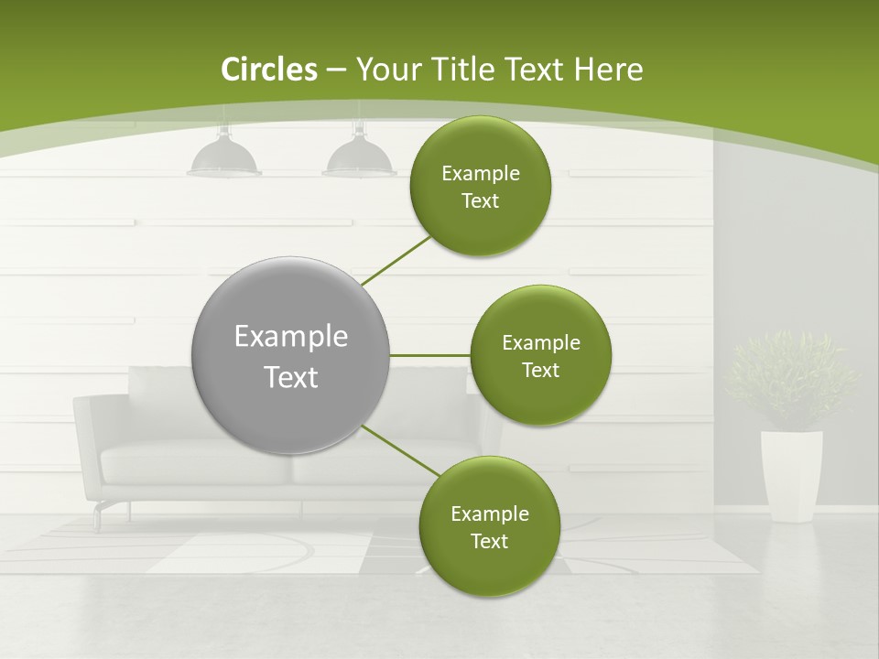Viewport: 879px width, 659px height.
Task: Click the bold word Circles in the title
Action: pyautogui.click(x=269, y=70)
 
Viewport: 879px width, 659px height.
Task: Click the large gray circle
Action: pyautogui.click(x=291, y=355)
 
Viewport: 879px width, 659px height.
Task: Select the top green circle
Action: pyautogui.click(x=480, y=187)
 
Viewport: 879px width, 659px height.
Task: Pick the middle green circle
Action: pyautogui.click(x=540, y=355)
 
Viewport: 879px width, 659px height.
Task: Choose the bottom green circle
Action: pyautogui.click(x=489, y=527)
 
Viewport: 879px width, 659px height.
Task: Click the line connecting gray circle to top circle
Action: pyautogui.click(x=396, y=260)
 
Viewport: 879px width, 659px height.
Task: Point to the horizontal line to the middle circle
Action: pyautogui.click(x=430, y=355)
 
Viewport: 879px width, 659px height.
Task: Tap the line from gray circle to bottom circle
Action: pyautogui.click(x=400, y=450)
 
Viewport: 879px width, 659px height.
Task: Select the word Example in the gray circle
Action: pyautogui.click(x=291, y=337)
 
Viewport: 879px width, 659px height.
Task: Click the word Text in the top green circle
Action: pyautogui.click(x=480, y=201)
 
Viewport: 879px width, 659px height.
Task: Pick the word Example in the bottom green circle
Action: pyautogui.click(x=489, y=513)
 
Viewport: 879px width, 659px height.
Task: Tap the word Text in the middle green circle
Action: pyautogui.click(x=540, y=371)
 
